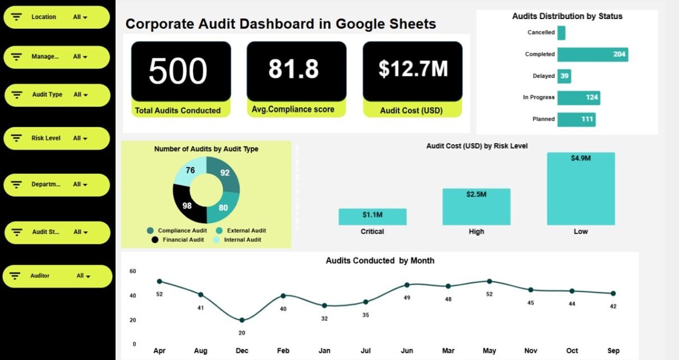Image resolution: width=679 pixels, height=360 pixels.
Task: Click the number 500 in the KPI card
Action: point(178,71)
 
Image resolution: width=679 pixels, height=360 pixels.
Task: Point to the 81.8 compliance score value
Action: point(293,69)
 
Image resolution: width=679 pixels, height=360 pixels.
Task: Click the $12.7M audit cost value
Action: point(413,68)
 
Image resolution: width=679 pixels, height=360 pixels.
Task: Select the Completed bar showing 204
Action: point(592,54)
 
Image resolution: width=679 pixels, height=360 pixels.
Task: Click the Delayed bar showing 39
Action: point(564,76)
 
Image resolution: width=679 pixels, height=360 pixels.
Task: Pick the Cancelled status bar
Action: point(561,33)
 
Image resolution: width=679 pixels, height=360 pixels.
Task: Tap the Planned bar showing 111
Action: point(576,119)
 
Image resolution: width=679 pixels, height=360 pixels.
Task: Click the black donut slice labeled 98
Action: point(189,205)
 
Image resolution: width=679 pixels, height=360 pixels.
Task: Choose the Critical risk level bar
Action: point(373,216)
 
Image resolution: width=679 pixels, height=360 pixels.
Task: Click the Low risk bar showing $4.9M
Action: point(581,188)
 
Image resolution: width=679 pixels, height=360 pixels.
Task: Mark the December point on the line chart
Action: point(242,320)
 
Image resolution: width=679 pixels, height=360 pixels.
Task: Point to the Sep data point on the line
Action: point(613,293)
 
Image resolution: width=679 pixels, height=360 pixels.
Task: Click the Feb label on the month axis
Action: point(283,351)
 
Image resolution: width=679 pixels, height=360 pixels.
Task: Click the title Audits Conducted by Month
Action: point(380,261)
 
